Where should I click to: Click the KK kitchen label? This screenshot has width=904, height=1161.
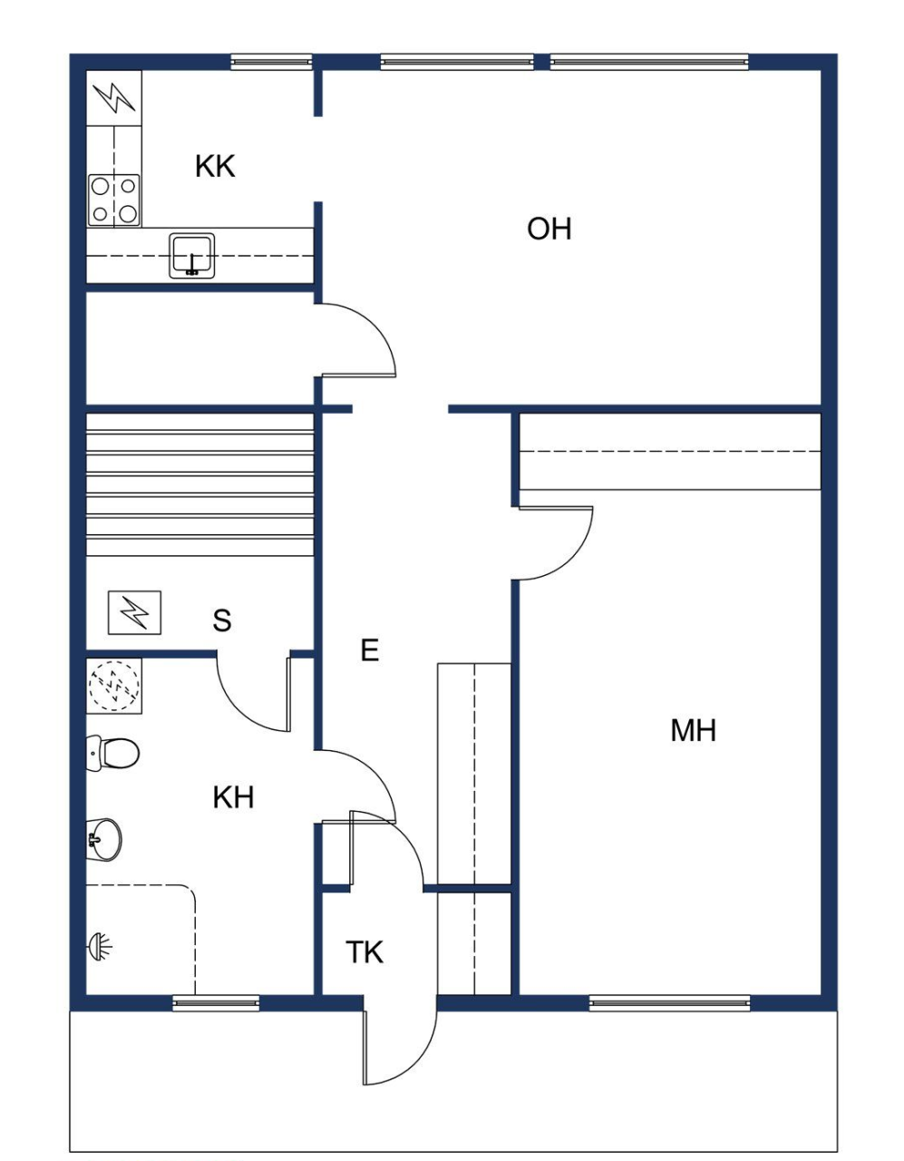pos(215,167)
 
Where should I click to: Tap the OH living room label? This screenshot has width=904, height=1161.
pos(549,229)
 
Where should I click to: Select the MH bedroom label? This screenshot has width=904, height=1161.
pos(693,730)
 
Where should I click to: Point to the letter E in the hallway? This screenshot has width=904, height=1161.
pos(369,650)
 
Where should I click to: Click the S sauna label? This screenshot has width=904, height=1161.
pos(222,620)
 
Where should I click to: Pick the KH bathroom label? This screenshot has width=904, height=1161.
pos(233,797)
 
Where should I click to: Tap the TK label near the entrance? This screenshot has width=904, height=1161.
pos(365,952)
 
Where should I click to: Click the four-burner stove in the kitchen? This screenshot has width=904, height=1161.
pos(114,200)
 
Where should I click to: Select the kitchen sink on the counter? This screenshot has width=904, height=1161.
pos(192,255)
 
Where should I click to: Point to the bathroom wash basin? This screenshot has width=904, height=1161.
pos(104,839)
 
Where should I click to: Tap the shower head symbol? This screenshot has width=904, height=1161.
pos(100,947)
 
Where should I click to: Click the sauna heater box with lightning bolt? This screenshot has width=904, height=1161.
pos(134,613)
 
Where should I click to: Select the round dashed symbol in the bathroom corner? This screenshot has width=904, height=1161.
pos(114,685)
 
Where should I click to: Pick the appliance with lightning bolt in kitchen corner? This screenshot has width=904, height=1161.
pos(114,97)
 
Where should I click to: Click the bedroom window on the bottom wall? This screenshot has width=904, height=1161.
pos(669,1002)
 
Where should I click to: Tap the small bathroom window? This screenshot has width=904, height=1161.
pos(216,1002)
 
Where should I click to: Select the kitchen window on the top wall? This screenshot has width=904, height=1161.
pos(271,62)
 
